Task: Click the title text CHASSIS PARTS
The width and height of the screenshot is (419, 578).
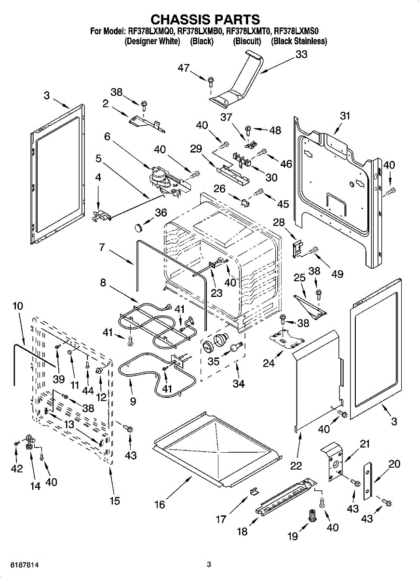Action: tap(205, 19)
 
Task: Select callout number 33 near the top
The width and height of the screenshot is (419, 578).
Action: tap(301, 55)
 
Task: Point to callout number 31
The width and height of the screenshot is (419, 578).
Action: tap(344, 116)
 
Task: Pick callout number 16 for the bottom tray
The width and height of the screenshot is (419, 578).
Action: tap(160, 504)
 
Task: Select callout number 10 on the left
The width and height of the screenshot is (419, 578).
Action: tap(18, 306)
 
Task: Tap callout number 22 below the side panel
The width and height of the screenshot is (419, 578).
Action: tap(296, 465)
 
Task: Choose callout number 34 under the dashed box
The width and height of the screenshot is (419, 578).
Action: tap(238, 384)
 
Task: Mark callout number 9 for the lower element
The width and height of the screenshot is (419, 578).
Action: tap(133, 401)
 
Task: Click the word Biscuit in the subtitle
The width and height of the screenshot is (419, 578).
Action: tap(247, 41)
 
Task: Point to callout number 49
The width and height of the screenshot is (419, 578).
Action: tap(337, 274)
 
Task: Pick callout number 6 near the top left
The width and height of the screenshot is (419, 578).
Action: tap(108, 137)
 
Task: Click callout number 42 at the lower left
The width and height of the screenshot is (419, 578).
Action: tap(17, 469)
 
